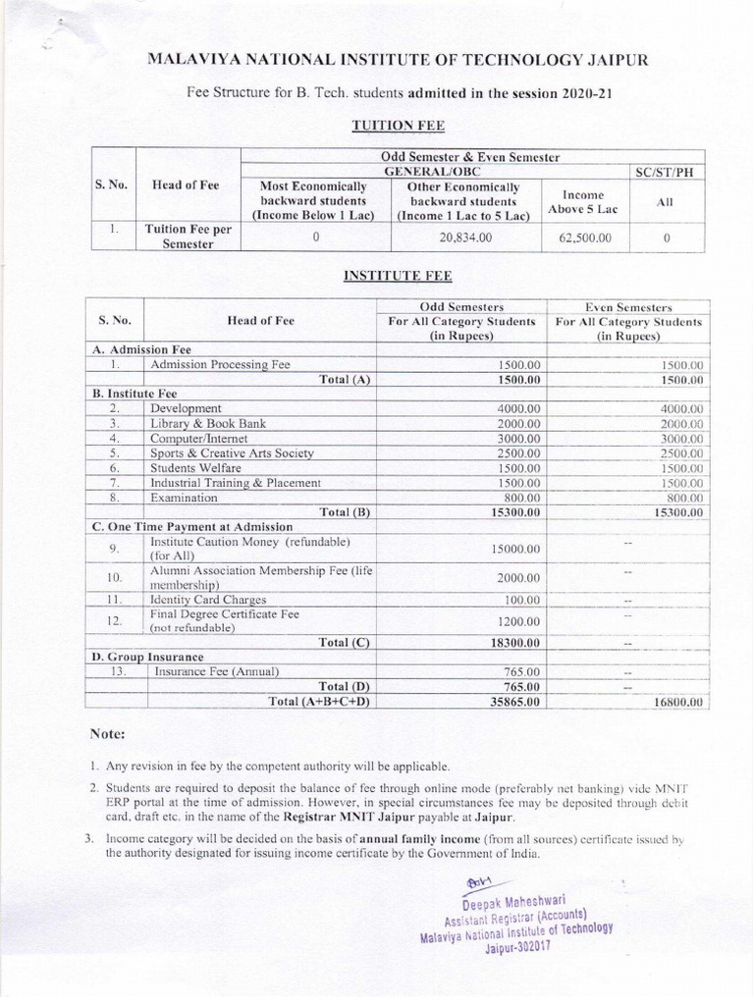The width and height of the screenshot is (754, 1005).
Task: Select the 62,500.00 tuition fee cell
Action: [585, 238]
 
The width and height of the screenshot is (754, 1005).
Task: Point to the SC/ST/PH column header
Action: [665, 172]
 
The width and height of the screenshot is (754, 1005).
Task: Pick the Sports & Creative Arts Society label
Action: [232, 453]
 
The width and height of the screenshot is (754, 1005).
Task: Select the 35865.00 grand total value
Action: [515, 703]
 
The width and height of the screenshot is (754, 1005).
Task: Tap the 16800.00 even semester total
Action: [677, 704]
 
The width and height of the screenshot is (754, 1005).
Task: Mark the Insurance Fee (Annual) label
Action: [216, 671]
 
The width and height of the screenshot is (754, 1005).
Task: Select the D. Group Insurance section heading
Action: [148, 656]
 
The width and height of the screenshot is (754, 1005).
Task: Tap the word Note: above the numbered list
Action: [107, 733]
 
